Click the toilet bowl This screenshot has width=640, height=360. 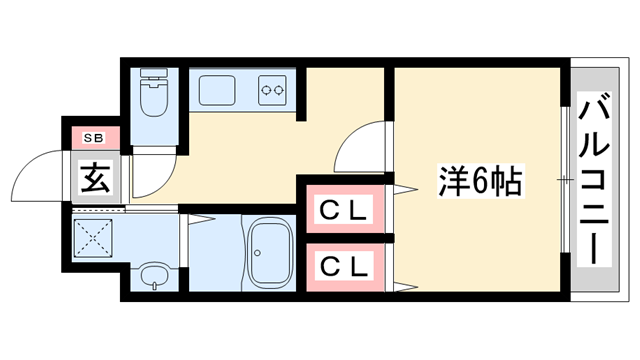point(155,101)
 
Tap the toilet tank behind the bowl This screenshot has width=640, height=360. point(155,76)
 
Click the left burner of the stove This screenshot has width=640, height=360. point(266,90)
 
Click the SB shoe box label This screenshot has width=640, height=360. point(96,137)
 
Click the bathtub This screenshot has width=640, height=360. point(271,254)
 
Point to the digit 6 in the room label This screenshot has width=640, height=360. point(481,184)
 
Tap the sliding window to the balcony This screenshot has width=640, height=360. point(566,180)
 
